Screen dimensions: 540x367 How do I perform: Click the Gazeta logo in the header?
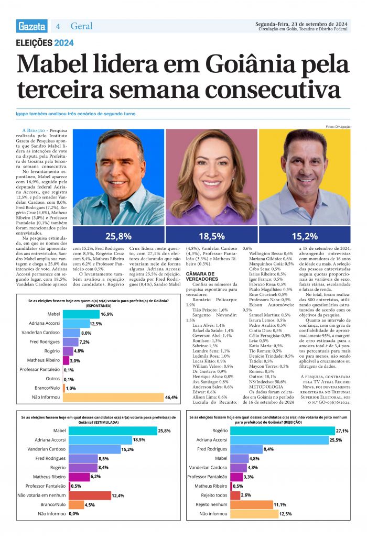point(31,26)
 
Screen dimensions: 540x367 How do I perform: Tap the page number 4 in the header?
point(58,26)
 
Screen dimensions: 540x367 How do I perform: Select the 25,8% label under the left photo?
point(118,236)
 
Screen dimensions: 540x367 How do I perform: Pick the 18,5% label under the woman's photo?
point(212,236)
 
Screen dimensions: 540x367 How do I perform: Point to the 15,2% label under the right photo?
point(305,236)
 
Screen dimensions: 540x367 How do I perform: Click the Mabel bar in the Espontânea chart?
point(81,314)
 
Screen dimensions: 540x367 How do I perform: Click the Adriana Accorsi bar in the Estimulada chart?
point(100,440)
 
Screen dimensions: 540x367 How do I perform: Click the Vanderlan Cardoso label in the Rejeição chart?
point(208,467)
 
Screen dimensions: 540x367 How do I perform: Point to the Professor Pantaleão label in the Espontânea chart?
point(39,370)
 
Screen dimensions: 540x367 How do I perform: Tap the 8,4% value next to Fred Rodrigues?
point(268,449)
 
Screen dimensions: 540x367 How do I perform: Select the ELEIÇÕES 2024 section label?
point(45,43)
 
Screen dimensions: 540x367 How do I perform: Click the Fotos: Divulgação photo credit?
point(338,127)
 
